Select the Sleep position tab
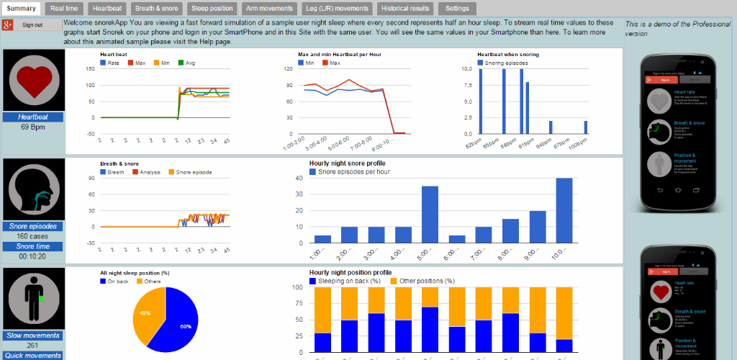212,9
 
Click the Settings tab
457,9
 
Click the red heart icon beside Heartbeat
33,80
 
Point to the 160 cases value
33,235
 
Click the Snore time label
33,246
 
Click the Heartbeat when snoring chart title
508,54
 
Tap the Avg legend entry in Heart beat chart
186,63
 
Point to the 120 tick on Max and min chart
288,69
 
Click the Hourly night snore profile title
347,163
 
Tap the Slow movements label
33,336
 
